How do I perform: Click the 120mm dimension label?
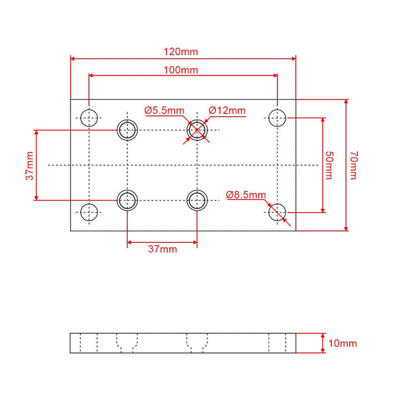(x=181, y=52)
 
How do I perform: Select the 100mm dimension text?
(x=181, y=70)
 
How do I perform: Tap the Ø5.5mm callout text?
(x=165, y=110)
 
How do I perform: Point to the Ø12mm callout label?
(x=227, y=110)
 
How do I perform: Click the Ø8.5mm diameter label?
(x=246, y=194)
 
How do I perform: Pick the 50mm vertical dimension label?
(x=329, y=165)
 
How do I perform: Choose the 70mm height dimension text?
(x=353, y=165)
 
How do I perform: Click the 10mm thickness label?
(x=343, y=343)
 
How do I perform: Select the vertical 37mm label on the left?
(x=30, y=166)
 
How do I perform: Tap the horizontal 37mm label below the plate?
(x=163, y=249)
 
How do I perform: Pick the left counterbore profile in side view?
(x=127, y=343)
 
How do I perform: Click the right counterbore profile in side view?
(x=197, y=343)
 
